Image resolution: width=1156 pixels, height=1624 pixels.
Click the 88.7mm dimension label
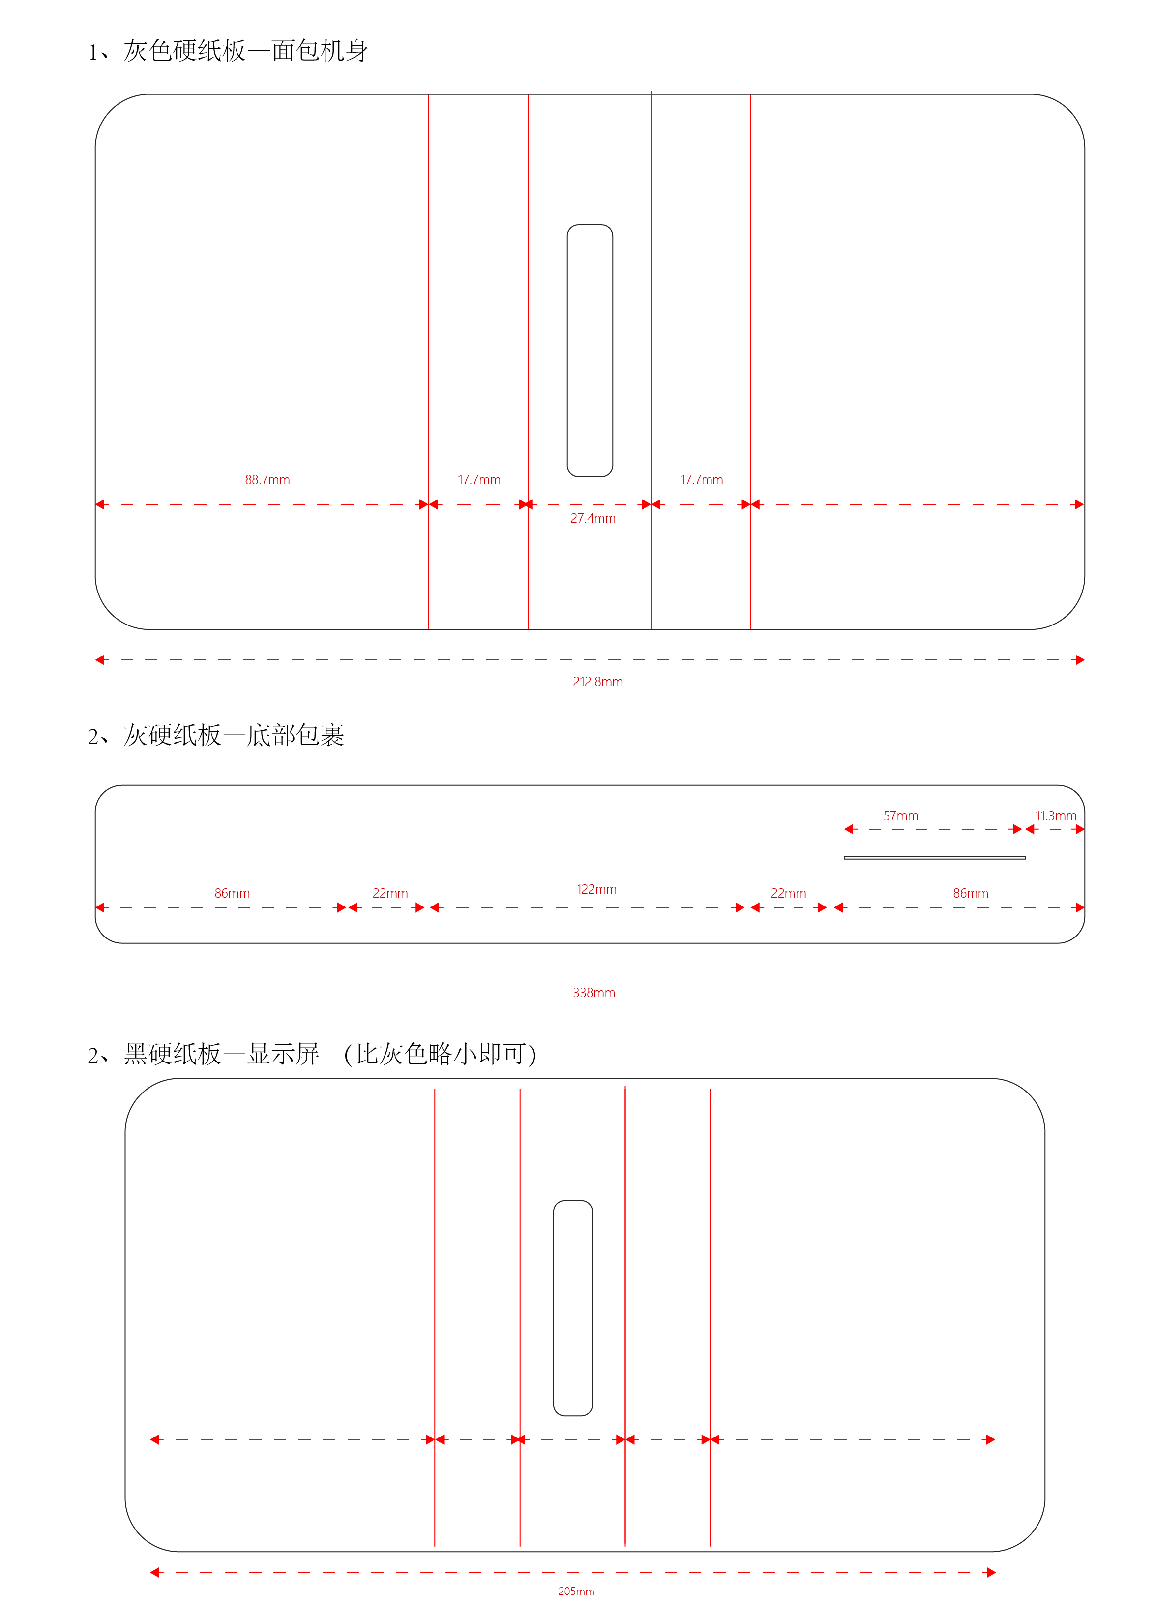click(x=267, y=480)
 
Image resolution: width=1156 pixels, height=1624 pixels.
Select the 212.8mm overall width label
click(x=597, y=682)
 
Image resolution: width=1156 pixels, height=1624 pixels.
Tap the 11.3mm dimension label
click(x=1056, y=816)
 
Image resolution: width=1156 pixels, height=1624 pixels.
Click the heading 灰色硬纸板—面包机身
click(x=245, y=51)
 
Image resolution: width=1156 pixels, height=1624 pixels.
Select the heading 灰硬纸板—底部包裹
click(x=234, y=735)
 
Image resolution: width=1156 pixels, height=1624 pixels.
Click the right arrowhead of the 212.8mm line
click(x=1080, y=660)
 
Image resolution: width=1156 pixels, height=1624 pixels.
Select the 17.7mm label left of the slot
click(x=479, y=480)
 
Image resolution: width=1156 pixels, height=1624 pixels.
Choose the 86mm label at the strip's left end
click(x=232, y=893)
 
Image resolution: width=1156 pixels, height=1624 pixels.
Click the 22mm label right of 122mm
click(x=788, y=893)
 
